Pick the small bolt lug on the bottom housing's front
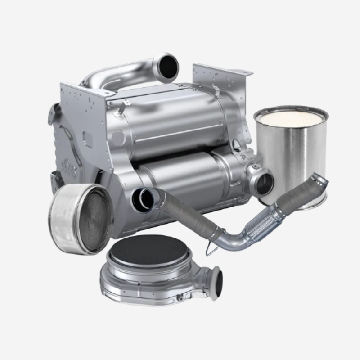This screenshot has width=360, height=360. pyautogui.click(x=180, y=297)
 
